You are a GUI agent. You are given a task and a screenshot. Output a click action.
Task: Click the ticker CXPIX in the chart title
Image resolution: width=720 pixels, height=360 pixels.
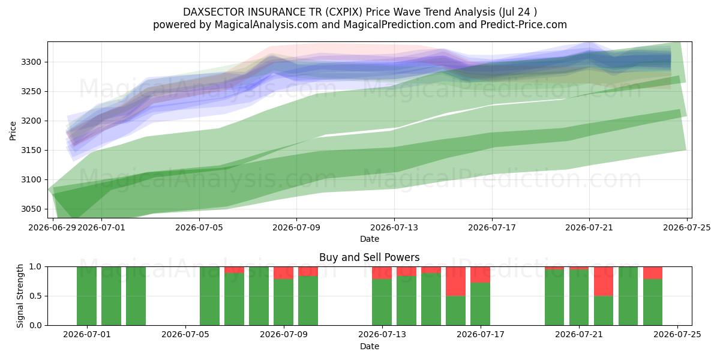tap(344, 12)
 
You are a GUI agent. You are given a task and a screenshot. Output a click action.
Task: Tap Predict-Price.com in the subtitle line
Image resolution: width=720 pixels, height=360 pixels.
tap(524, 25)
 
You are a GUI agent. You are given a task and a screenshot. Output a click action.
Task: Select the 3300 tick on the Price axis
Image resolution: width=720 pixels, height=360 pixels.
tap(31, 62)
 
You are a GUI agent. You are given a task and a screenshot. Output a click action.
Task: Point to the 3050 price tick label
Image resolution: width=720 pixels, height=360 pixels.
tap(31, 209)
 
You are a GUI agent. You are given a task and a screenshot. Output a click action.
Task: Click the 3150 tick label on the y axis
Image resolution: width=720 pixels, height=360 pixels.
tap(31, 150)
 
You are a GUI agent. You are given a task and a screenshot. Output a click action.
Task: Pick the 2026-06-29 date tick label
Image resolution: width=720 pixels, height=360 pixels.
tap(52, 227)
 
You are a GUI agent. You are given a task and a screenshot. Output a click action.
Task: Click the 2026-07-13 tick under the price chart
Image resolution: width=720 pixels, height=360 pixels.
tap(394, 227)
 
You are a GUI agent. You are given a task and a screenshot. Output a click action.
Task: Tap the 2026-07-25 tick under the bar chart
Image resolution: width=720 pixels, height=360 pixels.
tap(677, 334)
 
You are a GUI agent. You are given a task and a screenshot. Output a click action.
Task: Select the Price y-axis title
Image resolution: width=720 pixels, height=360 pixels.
tap(13, 131)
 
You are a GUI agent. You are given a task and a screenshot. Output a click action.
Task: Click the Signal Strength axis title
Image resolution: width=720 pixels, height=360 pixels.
tap(20, 296)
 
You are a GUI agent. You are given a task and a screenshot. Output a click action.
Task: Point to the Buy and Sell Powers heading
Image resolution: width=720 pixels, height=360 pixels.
tap(370, 257)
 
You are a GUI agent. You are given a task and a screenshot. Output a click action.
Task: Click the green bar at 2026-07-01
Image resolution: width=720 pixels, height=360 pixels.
tap(87, 296)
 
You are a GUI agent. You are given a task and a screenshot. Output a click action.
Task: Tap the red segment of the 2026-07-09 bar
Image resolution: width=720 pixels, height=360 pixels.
tap(283, 273)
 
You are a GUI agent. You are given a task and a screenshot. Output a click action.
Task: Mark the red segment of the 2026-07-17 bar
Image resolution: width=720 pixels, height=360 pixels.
tap(480, 275)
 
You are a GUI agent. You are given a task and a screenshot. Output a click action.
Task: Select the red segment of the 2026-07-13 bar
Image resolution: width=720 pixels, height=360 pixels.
tap(382, 273)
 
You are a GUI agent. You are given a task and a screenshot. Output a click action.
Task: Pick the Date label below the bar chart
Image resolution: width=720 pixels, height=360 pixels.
tap(370, 346)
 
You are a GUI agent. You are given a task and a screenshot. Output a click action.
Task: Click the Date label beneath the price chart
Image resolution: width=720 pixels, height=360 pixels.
tap(370, 239)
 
